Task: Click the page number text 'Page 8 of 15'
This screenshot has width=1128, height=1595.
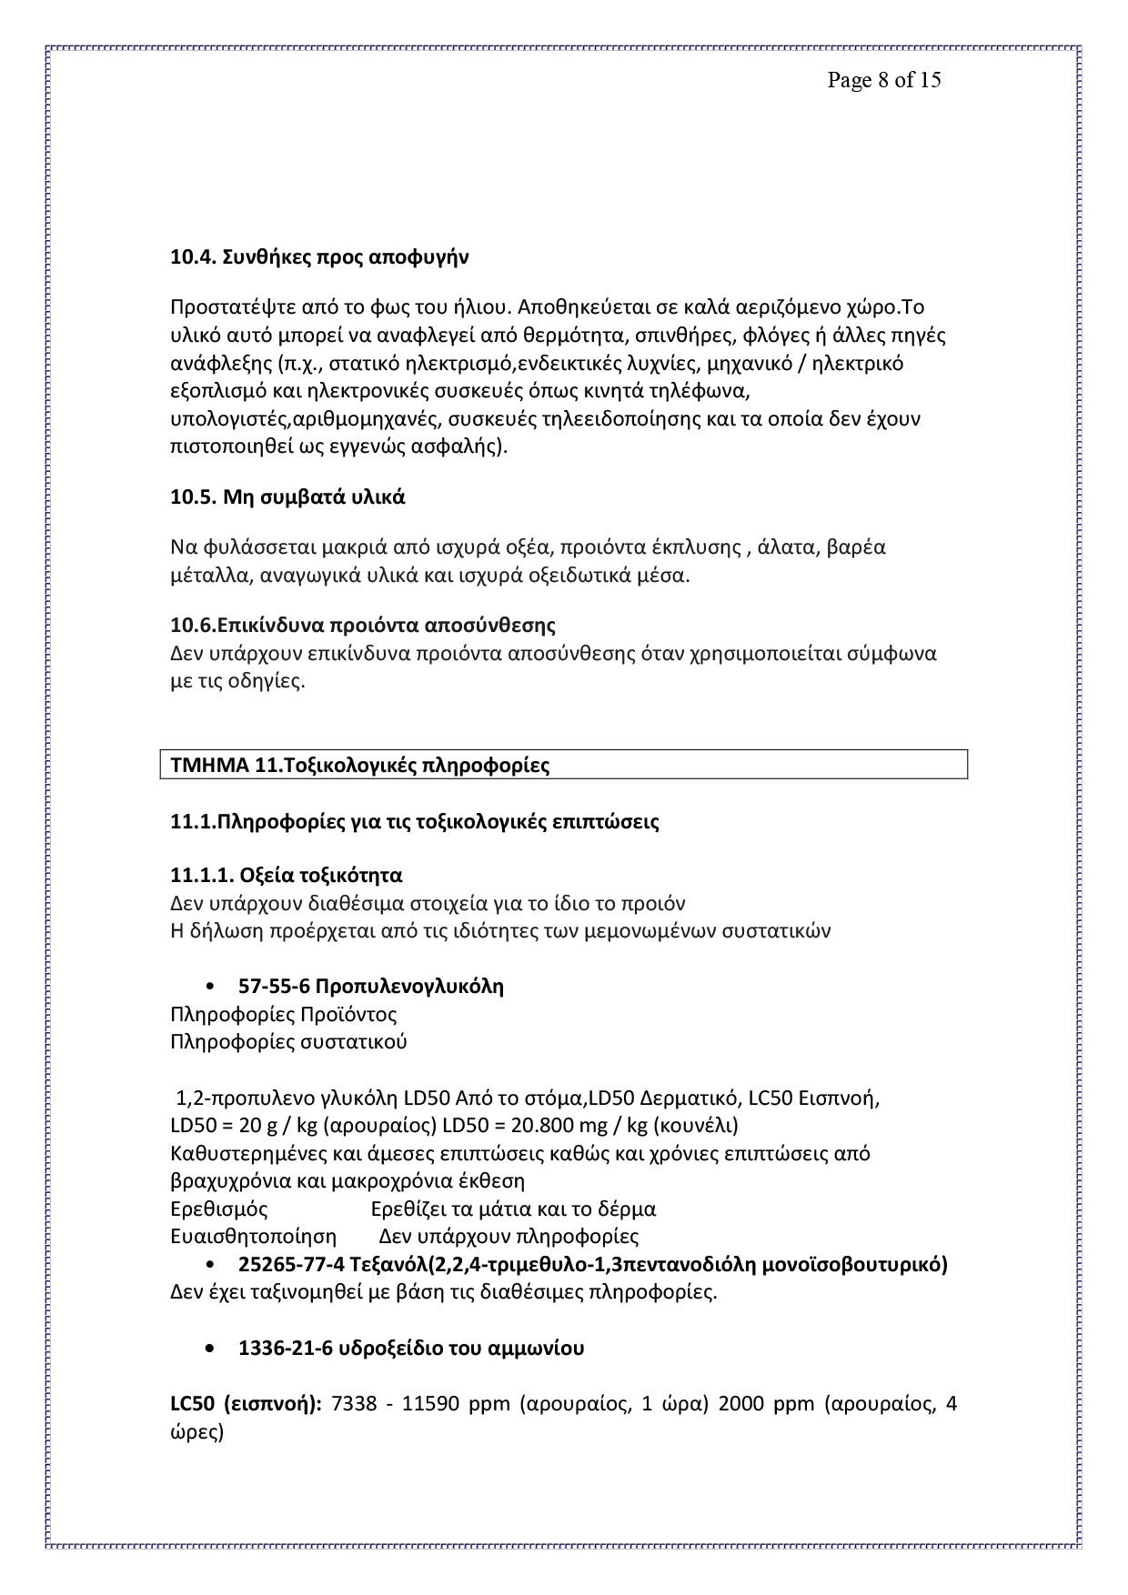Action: tap(883, 81)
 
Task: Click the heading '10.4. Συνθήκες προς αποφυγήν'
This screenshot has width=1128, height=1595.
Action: tap(319, 257)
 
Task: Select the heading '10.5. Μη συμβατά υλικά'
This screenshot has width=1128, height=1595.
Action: tap(287, 497)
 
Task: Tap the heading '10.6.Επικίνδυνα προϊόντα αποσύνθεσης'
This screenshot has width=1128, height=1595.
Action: tap(363, 626)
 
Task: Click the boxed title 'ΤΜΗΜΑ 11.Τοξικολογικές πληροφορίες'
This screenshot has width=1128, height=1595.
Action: tap(360, 765)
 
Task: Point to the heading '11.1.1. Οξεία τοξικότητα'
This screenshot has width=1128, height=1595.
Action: tap(287, 876)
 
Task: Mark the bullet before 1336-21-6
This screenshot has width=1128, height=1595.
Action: tap(211, 1349)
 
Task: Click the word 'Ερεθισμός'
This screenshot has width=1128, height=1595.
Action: tap(219, 1209)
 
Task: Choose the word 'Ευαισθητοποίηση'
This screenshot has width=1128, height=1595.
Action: tap(253, 1237)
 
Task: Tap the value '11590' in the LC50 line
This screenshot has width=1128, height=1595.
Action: tap(433, 1404)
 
